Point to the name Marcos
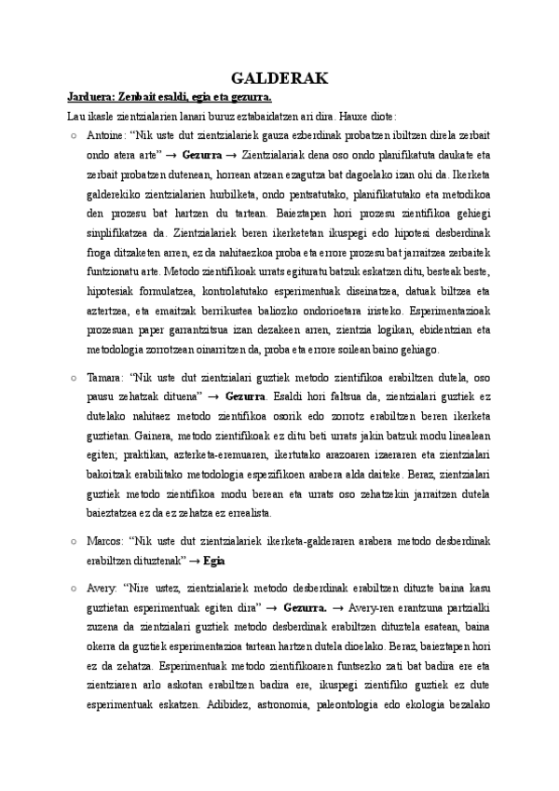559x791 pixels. [103, 543]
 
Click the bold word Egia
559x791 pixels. [215, 562]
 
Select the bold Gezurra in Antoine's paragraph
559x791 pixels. [202, 153]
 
